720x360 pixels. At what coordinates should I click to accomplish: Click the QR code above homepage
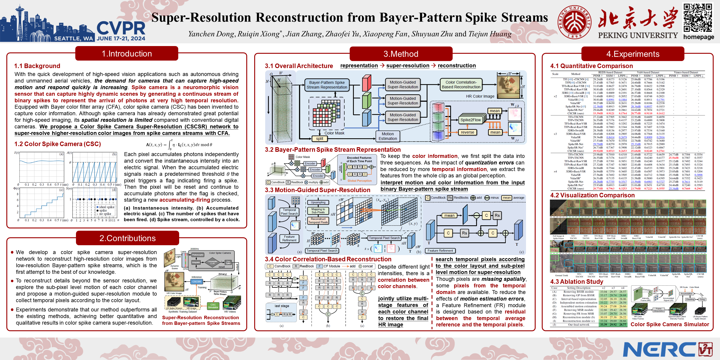[698, 18]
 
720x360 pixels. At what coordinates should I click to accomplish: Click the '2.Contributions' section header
[127, 238]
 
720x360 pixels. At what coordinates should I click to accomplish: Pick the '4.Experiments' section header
[633, 54]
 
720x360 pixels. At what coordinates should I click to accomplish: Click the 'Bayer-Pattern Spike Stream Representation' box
[327, 85]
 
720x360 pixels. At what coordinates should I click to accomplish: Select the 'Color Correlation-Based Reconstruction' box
[461, 85]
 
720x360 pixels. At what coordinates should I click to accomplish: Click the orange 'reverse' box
[467, 132]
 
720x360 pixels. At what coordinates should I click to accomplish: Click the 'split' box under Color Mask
[320, 139]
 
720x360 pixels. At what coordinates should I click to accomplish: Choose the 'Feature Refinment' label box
[440, 251]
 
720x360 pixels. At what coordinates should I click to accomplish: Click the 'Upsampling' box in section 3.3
[318, 202]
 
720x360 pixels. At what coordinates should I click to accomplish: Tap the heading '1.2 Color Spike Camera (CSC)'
[58, 144]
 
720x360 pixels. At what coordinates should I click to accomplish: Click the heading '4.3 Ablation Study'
[576, 282]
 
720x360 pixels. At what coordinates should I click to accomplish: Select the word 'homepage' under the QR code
[698, 37]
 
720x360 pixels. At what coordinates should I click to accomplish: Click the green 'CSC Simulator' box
[213, 306]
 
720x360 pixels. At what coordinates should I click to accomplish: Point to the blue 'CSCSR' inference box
[196, 282]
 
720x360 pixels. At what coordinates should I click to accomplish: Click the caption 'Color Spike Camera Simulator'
[670, 324]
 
